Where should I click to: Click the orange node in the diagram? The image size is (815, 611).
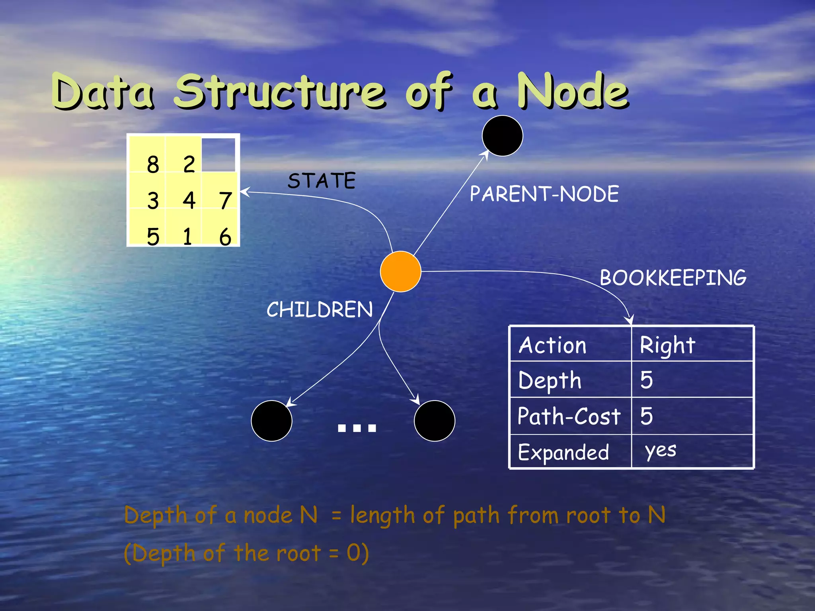pyautogui.click(x=400, y=271)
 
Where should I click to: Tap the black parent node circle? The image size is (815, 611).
pyautogui.click(x=502, y=136)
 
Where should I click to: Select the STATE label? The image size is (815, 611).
pyautogui.click(x=322, y=181)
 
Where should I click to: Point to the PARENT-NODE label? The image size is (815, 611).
pyautogui.click(x=544, y=194)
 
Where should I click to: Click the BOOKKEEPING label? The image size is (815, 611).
pyautogui.click(x=673, y=278)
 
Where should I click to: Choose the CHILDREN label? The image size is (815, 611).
pyautogui.click(x=320, y=309)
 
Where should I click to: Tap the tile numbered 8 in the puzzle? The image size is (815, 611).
pyautogui.click(x=152, y=164)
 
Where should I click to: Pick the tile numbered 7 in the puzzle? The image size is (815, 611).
pyautogui.click(x=225, y=200)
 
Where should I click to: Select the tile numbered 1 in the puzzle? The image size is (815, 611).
pyautogui.click(x=187, y=236)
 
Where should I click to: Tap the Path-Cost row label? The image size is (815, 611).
pyautogui.click(x=569, y=416)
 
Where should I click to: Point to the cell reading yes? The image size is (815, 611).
pyautogui.click(x=661, y=451)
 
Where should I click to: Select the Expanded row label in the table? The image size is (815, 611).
pyautogui.click(x=563, y=452)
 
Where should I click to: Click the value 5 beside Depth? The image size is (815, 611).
pyautogui.click(x=646, y=380)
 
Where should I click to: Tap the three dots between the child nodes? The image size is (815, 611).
pyautogui.click(x=357, y=428)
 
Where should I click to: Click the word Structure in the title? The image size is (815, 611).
pyautogui.click(x=280, y=92)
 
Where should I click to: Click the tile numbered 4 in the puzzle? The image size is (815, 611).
pyautogui.click(x=189, y=200)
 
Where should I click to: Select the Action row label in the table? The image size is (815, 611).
pyautogui.click(x=552, y=345)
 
